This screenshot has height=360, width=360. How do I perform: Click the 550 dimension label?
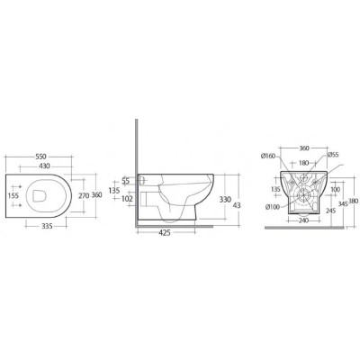pos(40,157)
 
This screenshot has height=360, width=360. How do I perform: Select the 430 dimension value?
pos(44,166)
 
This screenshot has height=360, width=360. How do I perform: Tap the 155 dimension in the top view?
pos(13,195)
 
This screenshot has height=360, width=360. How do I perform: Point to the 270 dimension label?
pos(84,195)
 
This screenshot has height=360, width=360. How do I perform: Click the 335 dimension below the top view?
pos(47,226)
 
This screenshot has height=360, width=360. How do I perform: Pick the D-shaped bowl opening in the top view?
pos(39,196)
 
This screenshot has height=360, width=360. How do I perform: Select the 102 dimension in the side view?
pos(128,199)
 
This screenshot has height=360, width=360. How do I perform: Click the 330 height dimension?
pos(225,200)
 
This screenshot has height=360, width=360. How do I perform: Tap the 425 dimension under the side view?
pos(165,232)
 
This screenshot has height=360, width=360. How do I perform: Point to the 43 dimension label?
pos(237,205)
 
